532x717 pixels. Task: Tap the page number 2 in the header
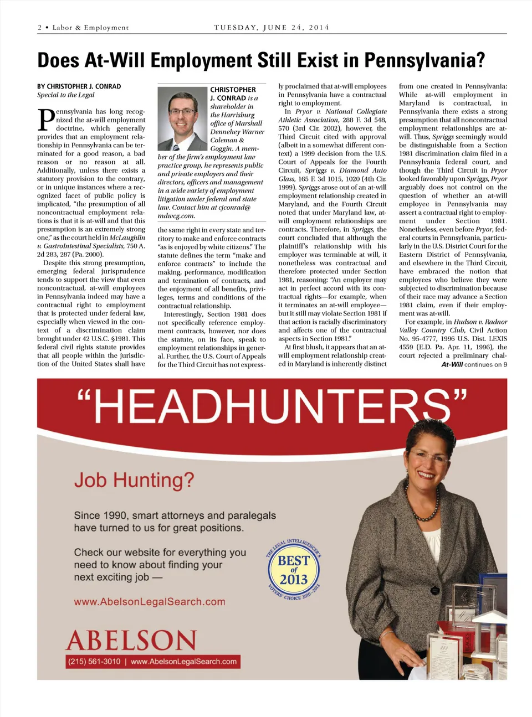[x=40, y=28]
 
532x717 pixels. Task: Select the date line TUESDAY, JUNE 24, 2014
[x=272, y=27]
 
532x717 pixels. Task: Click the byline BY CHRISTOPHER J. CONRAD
[x=79, y=86]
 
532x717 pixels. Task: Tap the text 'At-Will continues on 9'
[x=474, y=364]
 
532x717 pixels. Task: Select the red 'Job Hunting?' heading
[x=134, y=479]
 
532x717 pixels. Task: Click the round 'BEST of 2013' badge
[x=294, y=570]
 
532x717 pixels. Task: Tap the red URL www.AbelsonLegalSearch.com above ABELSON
[x=150, y=602]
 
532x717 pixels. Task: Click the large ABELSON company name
[x=131, y=640]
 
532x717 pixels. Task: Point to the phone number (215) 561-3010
[x=94, y=662]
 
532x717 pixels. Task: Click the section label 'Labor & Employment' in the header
[x=90, y=28]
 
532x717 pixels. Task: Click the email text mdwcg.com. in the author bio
[x=176, y=216]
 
